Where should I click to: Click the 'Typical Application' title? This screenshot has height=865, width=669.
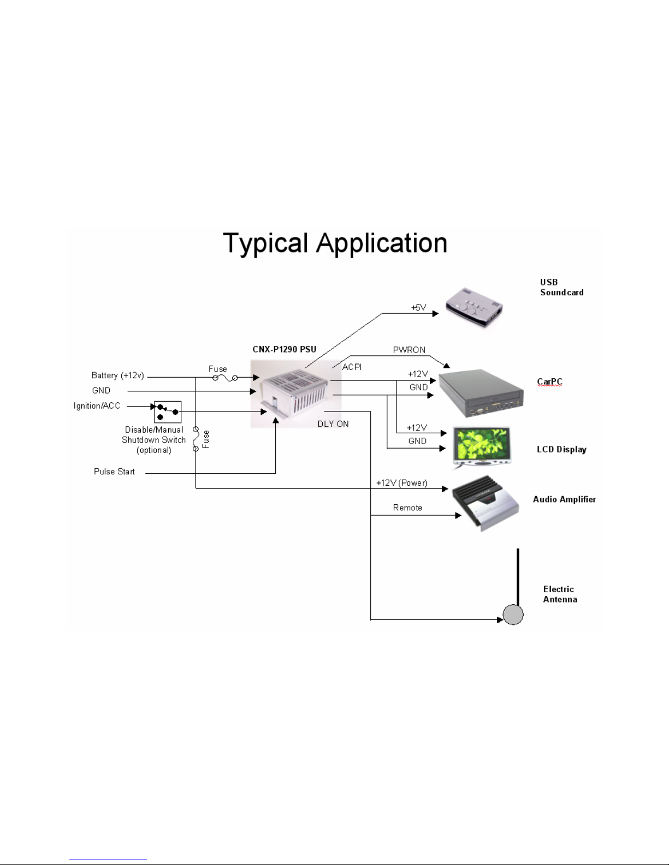click(335, 243)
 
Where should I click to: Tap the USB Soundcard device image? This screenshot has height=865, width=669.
click(474, 307)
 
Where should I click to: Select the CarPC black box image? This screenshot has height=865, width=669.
click(481, 393)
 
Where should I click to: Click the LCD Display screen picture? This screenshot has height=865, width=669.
click(482, 446)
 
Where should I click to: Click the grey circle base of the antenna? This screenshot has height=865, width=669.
click(513, 614)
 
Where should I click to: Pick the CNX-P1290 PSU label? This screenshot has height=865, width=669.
click(285, 349)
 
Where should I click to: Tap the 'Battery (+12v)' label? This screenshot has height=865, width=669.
click(117, 375)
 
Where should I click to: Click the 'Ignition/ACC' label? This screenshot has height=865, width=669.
click(97, 405)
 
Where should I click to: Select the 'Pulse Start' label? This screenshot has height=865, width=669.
click(114, 472)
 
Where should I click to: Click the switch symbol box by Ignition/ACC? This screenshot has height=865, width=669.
click(168, 411)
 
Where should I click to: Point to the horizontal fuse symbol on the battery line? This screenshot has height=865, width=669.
click(226, 378)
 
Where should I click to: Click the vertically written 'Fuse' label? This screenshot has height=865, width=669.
click(205, 439)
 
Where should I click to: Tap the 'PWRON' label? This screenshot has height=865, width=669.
click(409, 350)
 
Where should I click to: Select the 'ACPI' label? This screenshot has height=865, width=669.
click(352, 367)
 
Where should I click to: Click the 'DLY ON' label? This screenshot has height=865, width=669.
click(333, 424)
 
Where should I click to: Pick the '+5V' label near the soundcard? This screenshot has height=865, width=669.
click(418, 308)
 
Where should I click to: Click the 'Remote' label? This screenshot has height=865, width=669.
click(407, 508)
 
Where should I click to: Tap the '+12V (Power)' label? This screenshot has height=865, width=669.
click(402, 483)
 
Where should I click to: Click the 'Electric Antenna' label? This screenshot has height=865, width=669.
click(560, 594)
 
